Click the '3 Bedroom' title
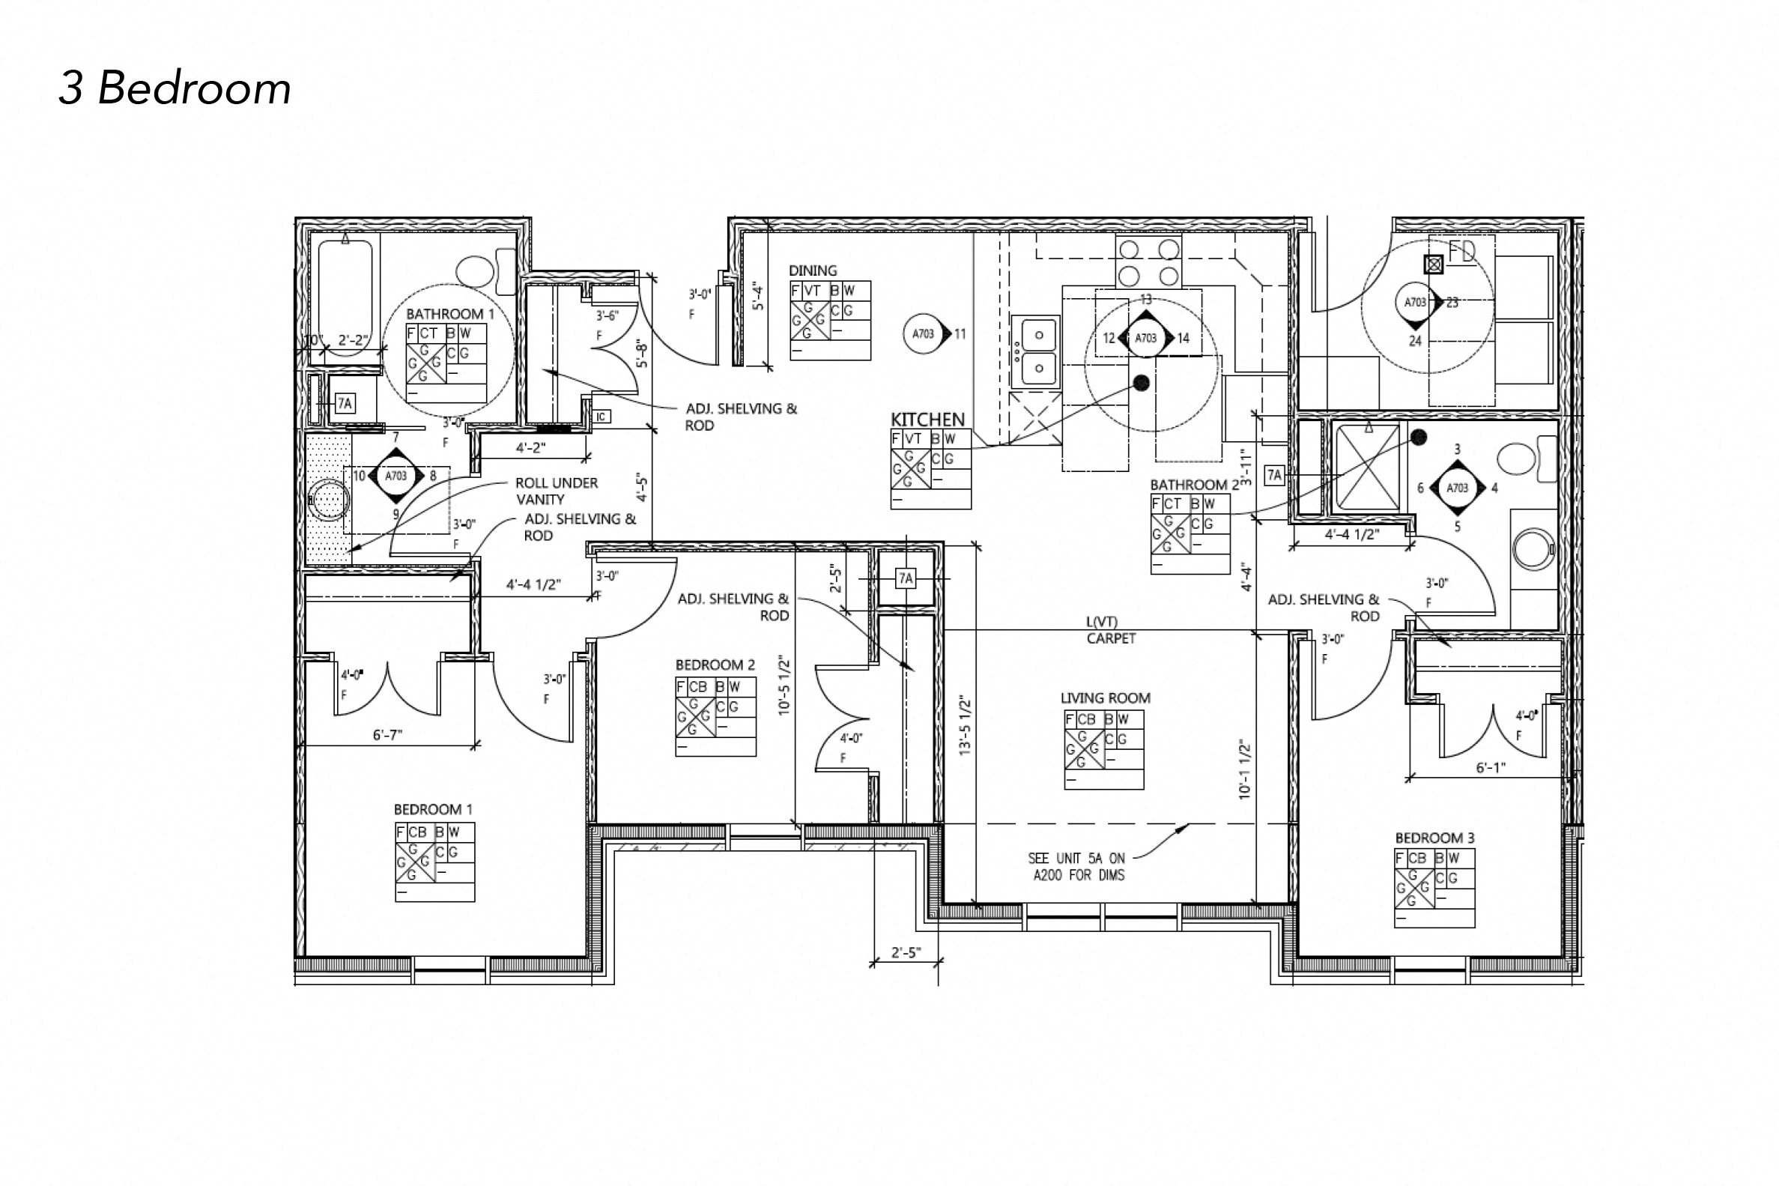click(x=175, y=88)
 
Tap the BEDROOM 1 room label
click(x=427, y=809)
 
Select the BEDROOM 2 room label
click(x=715, y=665)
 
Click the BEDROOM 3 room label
click(x=1434, y=838)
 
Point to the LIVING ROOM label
click(x=1105, y=698)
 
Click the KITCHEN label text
click(x=927, y=420)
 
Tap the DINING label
click(x=813, y=270)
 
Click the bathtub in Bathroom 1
click(x=345, y=291)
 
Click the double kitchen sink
click(x=1034, y=351)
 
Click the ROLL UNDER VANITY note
click(x=556, y=491)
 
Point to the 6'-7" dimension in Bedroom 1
click(x=387, y=734)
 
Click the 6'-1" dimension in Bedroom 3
click(x=1490, y=768)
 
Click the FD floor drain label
click(x=1461, y=252)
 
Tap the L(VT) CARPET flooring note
click(x=1110, y=631)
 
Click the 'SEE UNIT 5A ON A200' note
click(x=1076, y=867)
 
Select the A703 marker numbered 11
click(x=924, y=333)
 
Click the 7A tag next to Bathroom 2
click(x=1274, y=475)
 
